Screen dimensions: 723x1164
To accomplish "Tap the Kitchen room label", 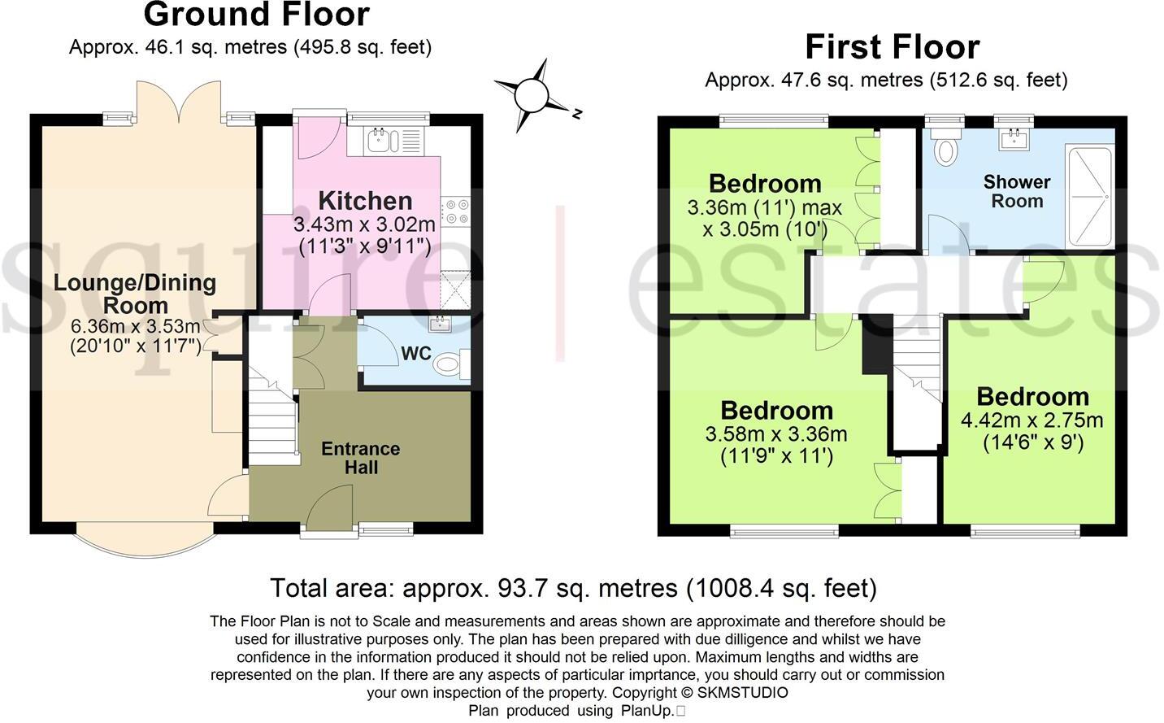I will click(x=365, y=201).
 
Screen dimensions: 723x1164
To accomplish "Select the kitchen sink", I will click(x=380, y=141).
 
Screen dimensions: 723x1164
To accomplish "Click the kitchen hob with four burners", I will click(x=455, y=212).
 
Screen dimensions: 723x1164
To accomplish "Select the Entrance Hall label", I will click(x=360, y=458).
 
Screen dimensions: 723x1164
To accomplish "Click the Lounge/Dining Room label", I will click(x=135, y=294).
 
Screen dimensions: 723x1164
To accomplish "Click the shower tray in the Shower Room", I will click(x=1088, y=197).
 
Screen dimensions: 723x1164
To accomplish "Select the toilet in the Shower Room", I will click(x=945, y=150).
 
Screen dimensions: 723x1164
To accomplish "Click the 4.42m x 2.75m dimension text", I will click(x=1032, y=420).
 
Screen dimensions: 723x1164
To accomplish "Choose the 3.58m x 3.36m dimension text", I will click(x=776, y=434).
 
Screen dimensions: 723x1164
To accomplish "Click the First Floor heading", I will click(x=892, y=47).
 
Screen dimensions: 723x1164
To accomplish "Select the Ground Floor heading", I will click(x=256, y=15).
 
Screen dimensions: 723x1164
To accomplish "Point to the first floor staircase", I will click(x=917, y=366).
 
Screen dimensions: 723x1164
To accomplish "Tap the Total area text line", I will click(x=573, y=587).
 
